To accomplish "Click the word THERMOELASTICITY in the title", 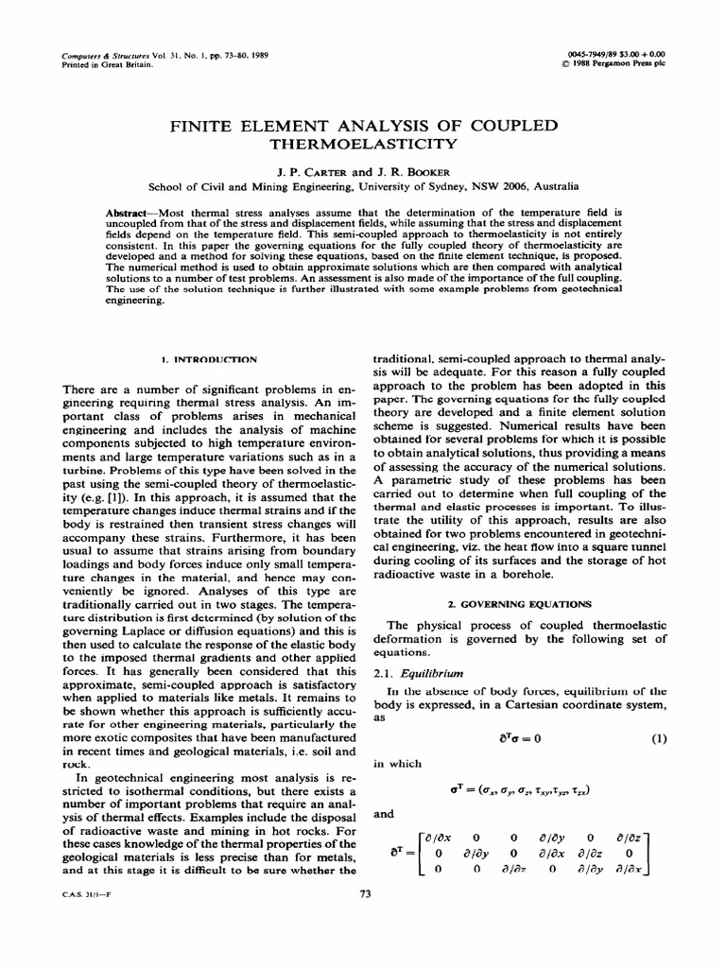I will coord(364,145).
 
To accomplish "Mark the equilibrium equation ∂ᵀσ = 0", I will coord(514,739).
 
